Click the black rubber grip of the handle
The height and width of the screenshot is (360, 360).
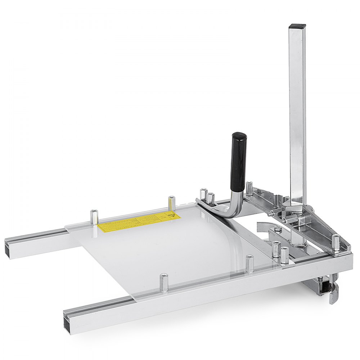[238, 158]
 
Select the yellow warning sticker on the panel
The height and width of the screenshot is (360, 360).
[139, 221]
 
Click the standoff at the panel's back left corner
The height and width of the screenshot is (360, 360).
[94, 217]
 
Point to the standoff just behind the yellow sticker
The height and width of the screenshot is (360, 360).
[172, 203]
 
